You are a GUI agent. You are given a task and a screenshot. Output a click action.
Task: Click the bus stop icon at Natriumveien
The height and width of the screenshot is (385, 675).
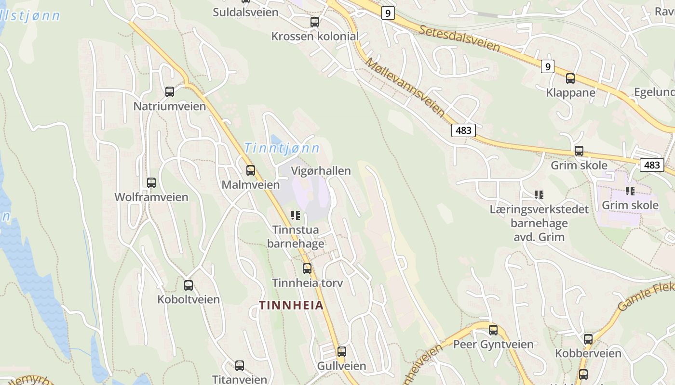[x=169, y=91]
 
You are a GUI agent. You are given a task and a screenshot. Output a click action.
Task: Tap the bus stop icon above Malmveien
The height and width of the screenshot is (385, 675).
[x=250, y=170]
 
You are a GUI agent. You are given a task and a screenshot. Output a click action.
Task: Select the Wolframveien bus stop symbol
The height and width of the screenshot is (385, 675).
[x=151, y=182]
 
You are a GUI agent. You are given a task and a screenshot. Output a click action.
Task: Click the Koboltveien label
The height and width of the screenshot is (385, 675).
[x=188, y=299]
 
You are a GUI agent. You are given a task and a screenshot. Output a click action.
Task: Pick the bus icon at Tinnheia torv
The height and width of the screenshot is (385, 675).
[x=307, y=268]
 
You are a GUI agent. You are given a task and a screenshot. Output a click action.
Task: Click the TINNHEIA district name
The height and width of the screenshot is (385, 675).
[x=291, y=305]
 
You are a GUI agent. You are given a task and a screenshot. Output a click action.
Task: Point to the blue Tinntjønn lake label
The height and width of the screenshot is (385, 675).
[x=282, y=148]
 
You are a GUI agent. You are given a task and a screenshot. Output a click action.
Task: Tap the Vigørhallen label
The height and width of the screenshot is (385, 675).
[x=321, y=171]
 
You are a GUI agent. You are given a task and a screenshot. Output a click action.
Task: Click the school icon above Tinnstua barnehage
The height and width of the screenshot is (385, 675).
[x=295, y=215]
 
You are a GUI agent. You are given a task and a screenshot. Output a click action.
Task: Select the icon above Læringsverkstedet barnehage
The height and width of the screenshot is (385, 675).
[x=539, y=195]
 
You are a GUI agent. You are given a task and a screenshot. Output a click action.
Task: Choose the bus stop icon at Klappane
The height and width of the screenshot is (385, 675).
[x=570, y=78]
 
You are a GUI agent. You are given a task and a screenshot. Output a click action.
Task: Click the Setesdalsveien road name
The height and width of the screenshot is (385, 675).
[x=459, y=38]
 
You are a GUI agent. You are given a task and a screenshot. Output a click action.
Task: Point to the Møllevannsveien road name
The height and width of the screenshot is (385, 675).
[x=405, y=87]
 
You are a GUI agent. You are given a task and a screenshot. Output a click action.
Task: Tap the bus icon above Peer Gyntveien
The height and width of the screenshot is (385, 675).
[x=493, y=330]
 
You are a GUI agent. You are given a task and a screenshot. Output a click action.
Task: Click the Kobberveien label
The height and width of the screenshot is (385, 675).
[x=588, y=354]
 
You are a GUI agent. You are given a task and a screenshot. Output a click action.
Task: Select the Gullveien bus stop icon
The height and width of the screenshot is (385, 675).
[x=341, y=351]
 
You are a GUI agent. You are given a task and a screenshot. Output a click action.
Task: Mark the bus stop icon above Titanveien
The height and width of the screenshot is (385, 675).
[x=239, y=365]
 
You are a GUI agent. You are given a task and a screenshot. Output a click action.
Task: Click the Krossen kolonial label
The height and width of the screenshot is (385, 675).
[x=315, y=36]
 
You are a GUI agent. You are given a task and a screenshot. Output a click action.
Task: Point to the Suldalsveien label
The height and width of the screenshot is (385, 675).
[x=245, y=12]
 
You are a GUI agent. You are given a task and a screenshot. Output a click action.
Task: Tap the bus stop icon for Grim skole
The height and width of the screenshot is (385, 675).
[x=579, y=151]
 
